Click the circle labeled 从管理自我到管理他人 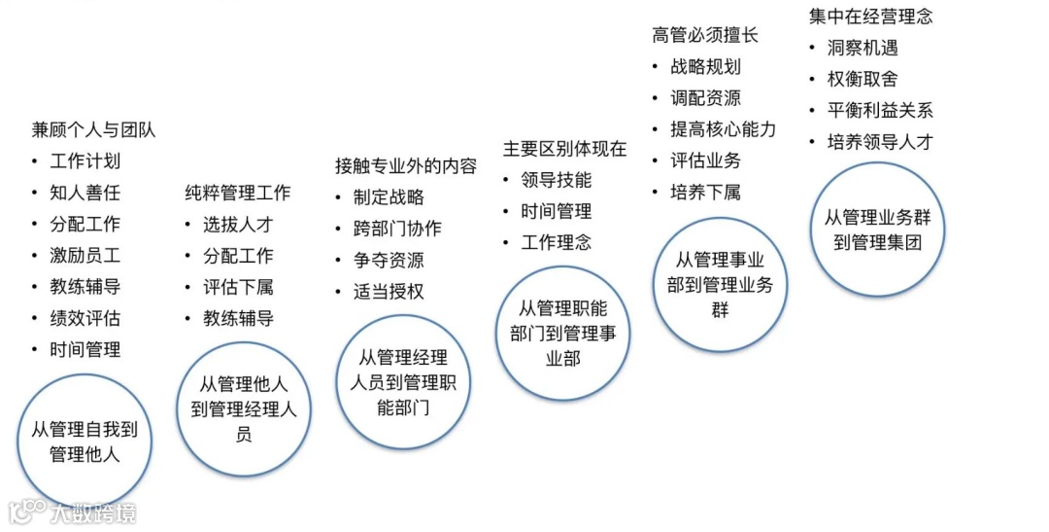click(85, 441)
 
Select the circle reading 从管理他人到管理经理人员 click(243, 408)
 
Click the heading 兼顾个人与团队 click(93, 130)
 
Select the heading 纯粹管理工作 click(237, 193)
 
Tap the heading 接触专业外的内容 click(406, 166)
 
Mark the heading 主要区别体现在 click(564, 150)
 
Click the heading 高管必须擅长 click(705, 35)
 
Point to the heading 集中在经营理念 click(870, 17)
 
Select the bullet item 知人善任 click(85, 193)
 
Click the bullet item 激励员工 click(85, 256)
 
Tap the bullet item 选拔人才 click(238, 225)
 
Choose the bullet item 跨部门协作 click(397, 230)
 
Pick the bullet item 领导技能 click(556, 181)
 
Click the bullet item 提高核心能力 click(723, 129)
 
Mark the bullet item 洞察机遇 click(863, 48)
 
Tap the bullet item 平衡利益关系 click(880, 110)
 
